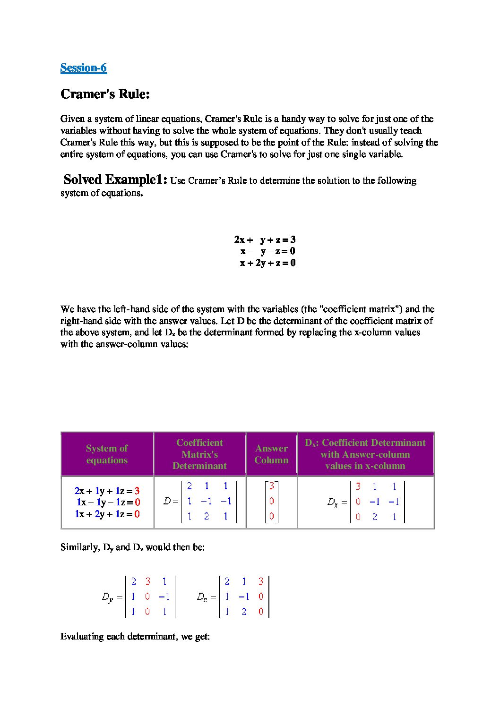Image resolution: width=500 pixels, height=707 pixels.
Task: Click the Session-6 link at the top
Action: (84, 68)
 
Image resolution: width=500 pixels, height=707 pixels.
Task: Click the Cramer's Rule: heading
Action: (105, 94)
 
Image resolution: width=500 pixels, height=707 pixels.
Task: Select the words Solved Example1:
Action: (115, 180)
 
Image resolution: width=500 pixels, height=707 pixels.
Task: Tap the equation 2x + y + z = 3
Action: (265, 239)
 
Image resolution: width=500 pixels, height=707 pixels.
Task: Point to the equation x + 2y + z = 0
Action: (267, 263)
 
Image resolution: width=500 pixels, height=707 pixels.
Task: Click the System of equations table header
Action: (107, 454)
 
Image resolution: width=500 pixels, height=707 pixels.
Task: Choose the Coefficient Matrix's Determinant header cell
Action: (199, 454)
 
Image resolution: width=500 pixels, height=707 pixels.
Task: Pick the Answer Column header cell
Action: (271, 454)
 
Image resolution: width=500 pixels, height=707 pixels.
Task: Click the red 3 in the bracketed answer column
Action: (272, 486)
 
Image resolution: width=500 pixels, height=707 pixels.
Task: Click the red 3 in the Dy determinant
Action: (147, 581)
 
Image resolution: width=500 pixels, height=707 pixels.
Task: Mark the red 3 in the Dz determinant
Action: (260, 581)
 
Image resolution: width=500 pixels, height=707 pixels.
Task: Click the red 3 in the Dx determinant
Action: (358, 486)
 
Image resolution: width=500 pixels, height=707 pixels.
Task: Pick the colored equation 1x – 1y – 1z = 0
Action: (108, 503)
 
